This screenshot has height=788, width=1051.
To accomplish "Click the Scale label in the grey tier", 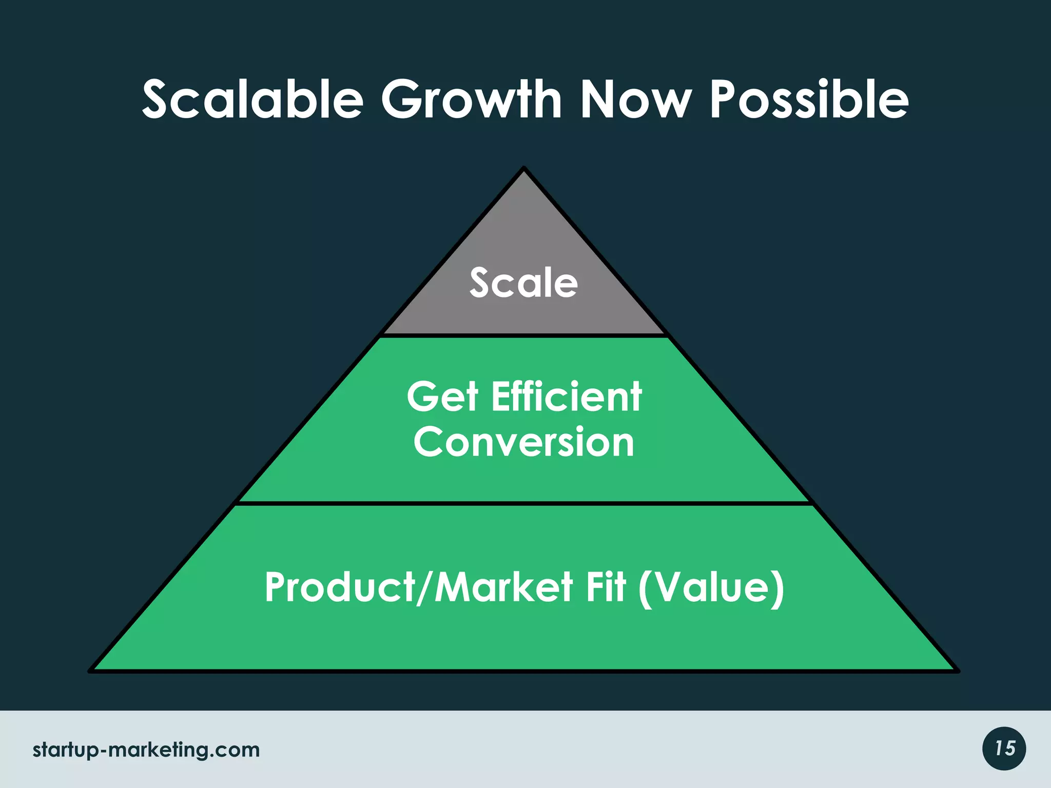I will click(523, 283).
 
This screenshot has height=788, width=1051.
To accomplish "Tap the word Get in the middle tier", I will click(442, 397).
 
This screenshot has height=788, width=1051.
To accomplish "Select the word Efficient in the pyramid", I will click(567, 397).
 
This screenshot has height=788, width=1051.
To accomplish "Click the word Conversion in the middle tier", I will click(524, 442).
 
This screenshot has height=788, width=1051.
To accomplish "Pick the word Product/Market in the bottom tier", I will click(419, 587).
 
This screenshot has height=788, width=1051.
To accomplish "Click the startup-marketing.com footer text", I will click(146, 750).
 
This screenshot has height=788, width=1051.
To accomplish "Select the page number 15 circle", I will click(1004, 748).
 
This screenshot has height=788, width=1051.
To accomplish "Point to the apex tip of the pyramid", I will click(523, 169).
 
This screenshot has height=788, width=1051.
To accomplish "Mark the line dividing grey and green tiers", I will click(523, 336).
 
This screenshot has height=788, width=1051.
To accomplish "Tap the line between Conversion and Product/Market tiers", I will click(523, 504).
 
